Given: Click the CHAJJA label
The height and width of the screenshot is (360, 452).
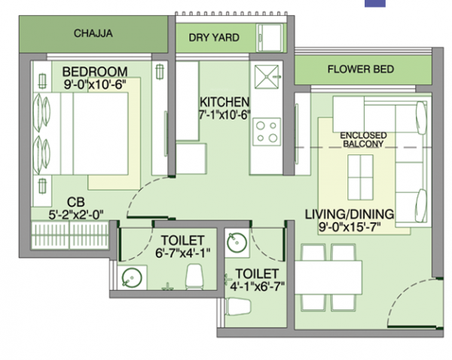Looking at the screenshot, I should (x=93, y=33).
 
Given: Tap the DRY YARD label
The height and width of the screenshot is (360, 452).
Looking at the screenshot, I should (x=213, y=37).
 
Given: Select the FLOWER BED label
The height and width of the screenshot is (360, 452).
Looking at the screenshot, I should (x=360, y=69).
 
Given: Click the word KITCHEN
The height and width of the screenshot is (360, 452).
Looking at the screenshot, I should (x=224, y=102).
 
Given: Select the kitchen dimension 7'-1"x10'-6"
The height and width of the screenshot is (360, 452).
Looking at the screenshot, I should (x=224, y=116).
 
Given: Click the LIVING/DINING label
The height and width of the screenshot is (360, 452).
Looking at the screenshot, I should (x=349, y=215).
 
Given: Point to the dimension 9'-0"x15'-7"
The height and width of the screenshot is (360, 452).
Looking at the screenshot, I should (x=349, y=227).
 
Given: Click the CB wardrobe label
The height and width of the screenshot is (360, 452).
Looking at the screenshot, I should (x=75, y=202).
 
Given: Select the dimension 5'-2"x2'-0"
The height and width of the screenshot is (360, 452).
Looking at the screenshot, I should (x=75, y=214).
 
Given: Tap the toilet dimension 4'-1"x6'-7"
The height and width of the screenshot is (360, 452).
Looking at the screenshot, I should (x=257, y=286).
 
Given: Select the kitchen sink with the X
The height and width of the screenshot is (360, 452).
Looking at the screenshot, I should (x=266, y=78).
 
